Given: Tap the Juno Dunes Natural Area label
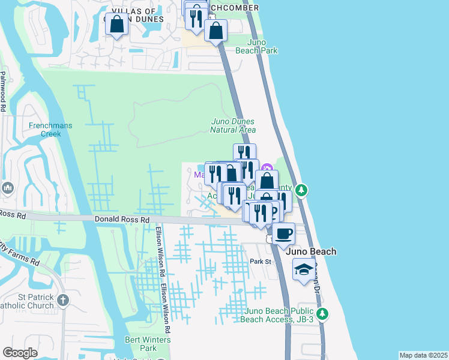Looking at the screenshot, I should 234,125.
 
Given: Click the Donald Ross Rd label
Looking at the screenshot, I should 121,220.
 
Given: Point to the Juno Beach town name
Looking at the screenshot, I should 311,252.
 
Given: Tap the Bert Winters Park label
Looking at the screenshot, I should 148,344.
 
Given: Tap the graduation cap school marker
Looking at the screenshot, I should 304,270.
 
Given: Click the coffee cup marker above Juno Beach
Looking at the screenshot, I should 284,233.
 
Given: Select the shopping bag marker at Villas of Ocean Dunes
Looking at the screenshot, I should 117,24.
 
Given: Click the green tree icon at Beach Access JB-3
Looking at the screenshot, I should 323,313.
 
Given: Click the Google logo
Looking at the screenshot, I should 20,353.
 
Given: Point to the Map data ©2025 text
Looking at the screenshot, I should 423,355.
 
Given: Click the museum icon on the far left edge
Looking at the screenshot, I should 8,188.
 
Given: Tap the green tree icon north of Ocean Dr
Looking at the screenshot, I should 303,190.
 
